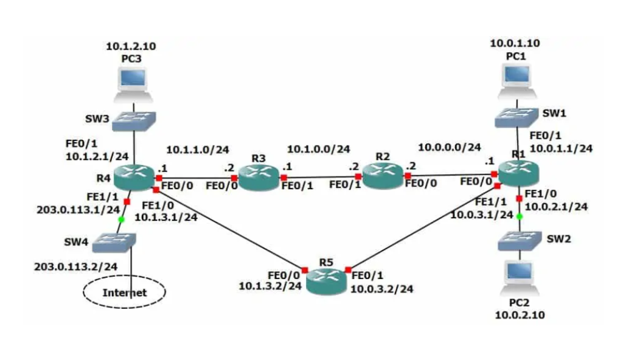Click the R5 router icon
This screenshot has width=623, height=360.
(x=327, y=282)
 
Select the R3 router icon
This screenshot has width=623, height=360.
(x=258, y=178)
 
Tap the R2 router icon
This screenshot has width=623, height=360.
(x=381, y=176)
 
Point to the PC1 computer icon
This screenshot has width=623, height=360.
(x=516, y=80)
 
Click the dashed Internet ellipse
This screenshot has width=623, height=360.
(x=124, y=292)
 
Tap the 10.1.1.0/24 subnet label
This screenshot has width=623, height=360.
(x=198, y=150)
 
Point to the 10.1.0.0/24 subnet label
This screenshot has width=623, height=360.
(x=318, y=149)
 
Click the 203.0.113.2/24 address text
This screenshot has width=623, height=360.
(x=76, y=266)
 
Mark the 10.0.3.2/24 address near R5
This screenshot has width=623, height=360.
(x=382, y=289)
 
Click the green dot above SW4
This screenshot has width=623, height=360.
(x=121, y=219)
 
